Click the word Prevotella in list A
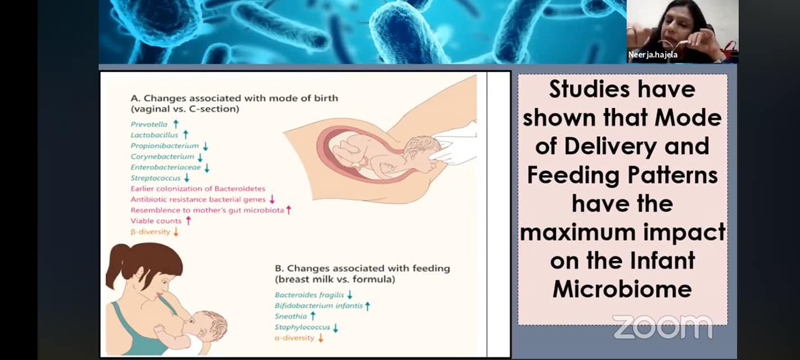point(149,124)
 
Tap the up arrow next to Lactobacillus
point(185,134)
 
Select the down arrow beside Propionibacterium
point(205,146)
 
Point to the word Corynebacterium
point(162,156)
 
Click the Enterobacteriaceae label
point(165,167)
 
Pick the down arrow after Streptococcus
point(186,178)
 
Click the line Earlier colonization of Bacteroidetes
point(198,188)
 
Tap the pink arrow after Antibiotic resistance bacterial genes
point(272,199)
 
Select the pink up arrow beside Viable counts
point(188,220)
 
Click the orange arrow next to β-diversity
point(176,232)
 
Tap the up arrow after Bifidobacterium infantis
point(367,305)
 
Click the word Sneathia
point(291,317)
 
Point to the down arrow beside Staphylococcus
point(335,327)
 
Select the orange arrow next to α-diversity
point(320,338)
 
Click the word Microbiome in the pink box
point(622,289)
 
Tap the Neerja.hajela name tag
point(653,55)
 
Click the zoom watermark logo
point(663,327)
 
